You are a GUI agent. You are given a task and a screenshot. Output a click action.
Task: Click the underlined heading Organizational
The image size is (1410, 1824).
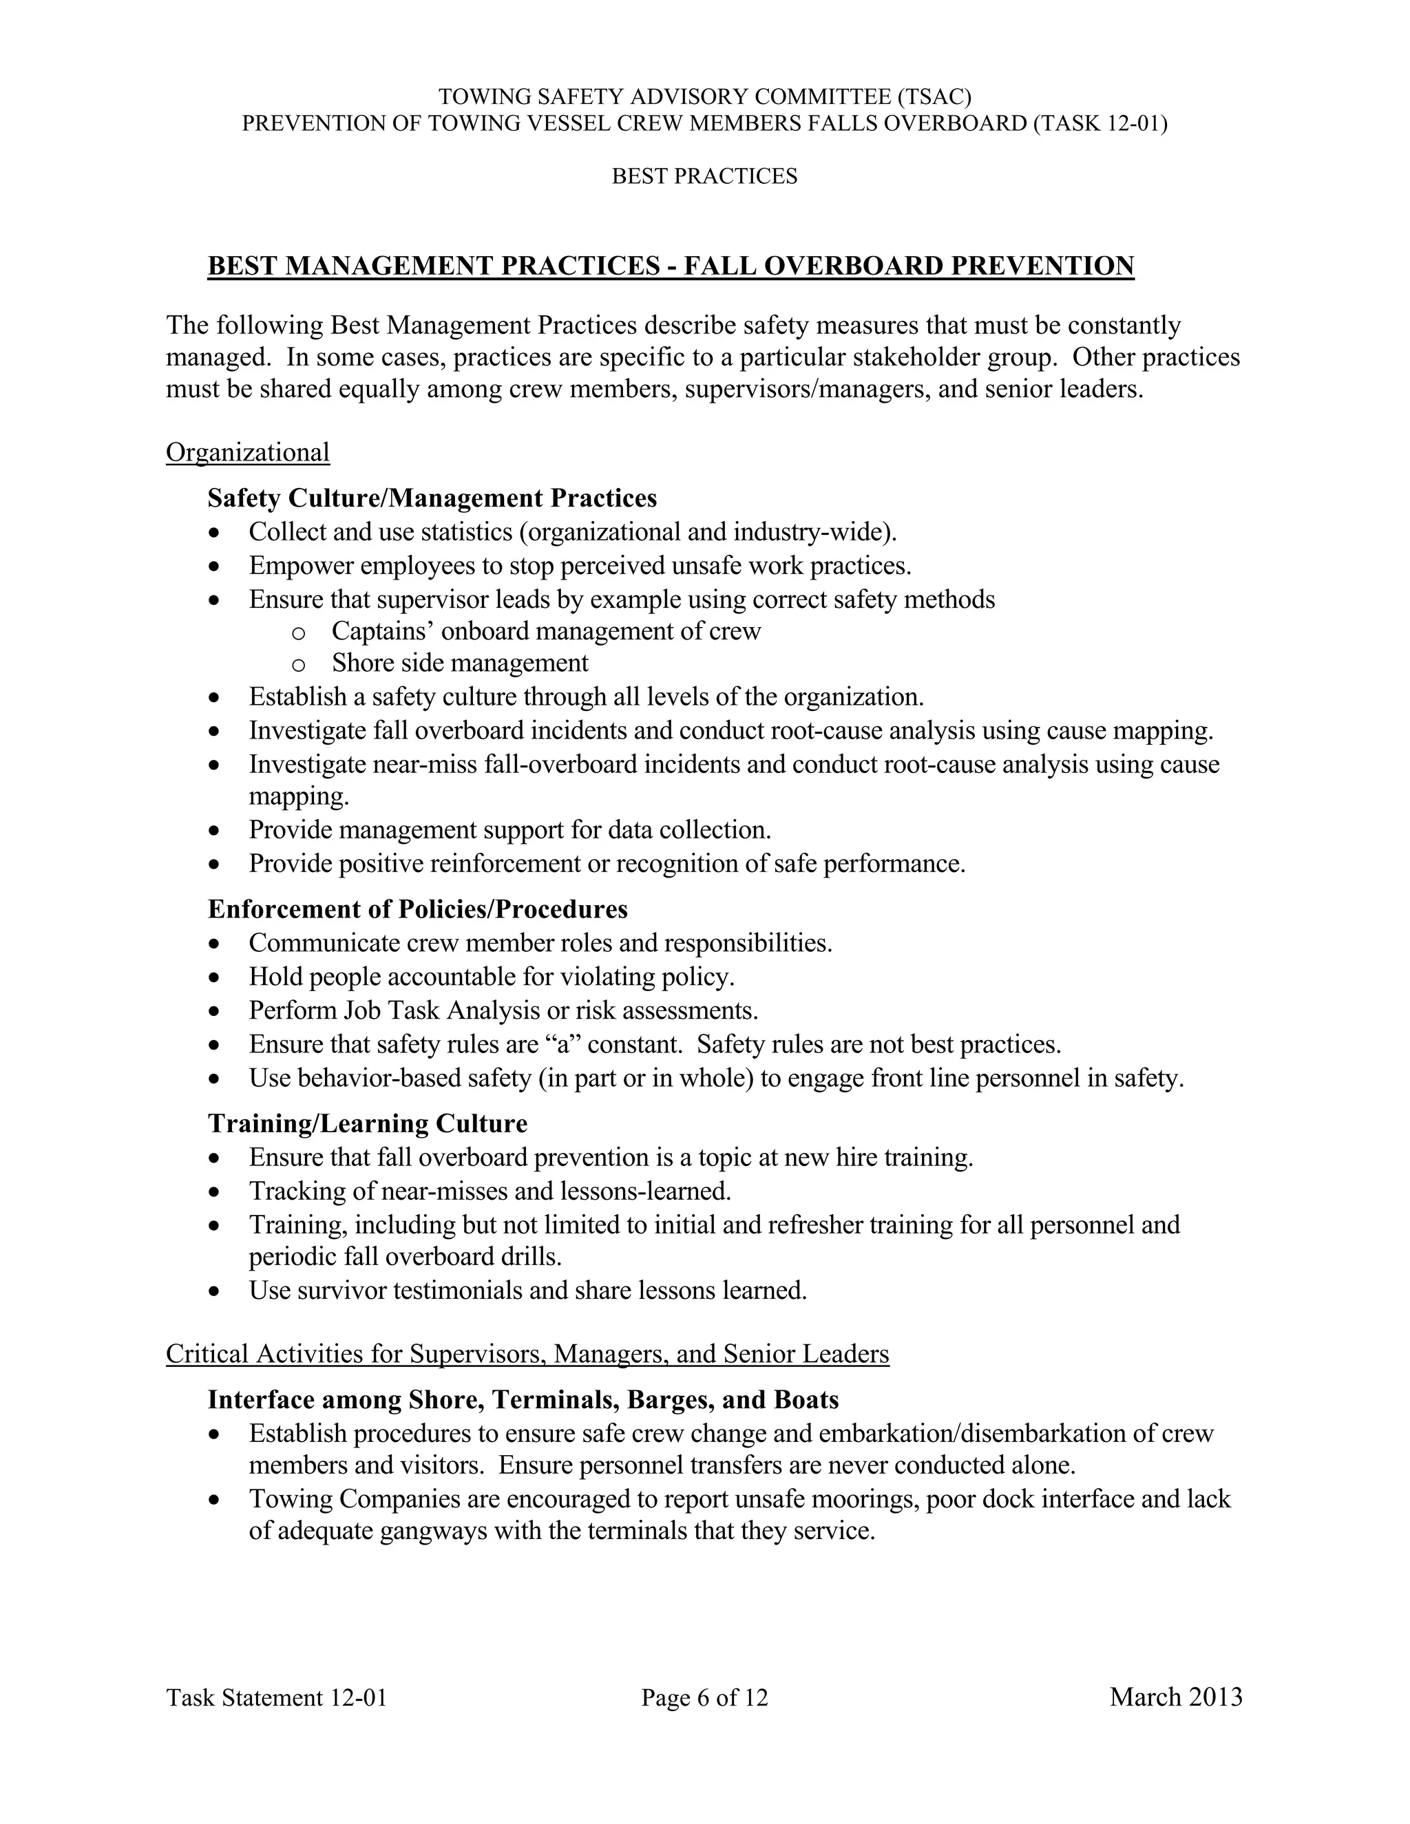pyautogui.click(x=247, y=453)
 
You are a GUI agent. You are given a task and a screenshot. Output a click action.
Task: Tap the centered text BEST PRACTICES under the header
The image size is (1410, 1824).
pyautogui.click(x=704, y=176)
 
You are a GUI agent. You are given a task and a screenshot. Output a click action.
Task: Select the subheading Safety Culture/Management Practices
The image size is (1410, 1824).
pyautogui.click(x=432, y=498)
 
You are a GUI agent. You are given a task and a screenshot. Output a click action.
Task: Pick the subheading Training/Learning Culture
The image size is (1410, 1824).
pyautogui.click(x=367, y=1123)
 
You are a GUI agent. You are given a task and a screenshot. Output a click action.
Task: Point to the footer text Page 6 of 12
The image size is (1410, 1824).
pyautogui.click(x=704, y=1698)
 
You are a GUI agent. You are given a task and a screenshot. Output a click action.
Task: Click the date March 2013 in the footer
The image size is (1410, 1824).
pyautogui.click(x=1175, y=1697)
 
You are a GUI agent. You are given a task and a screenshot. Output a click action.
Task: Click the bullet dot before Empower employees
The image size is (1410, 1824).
pyautogui.click(x=215, y=567)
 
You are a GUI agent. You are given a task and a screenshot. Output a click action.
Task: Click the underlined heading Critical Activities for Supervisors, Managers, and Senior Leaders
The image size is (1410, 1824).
pyautogui.click(x=527, y=1354)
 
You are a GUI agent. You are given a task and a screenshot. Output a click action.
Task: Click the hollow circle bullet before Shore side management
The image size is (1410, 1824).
pyautogui.click(x=298, y=665)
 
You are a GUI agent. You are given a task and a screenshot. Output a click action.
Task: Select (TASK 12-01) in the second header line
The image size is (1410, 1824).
pyautogui.click(x=1099, y=124)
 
